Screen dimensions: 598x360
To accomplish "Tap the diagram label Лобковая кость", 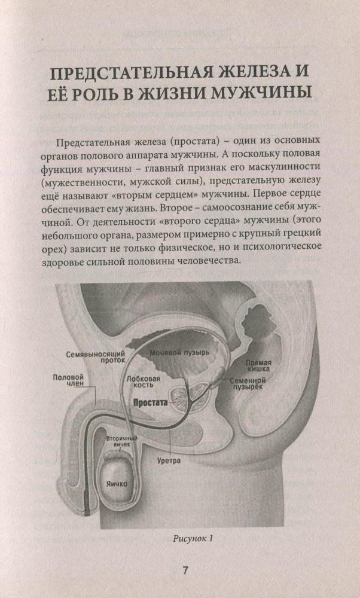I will [147, 382].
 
